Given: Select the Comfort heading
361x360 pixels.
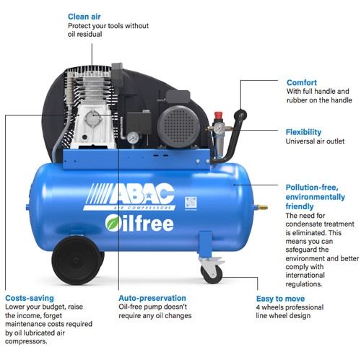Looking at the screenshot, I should [x=302, y=82].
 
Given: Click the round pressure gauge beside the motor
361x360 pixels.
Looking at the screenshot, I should [x=134, y=136].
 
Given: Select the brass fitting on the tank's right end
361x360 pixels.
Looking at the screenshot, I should [x=254, y=208].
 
